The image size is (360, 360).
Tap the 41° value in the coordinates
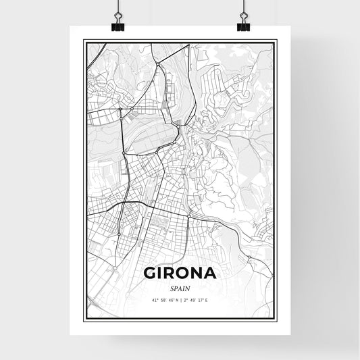coord(155,300)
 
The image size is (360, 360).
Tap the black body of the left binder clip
coord(116,27)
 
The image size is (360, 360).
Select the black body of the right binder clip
coord(243,27)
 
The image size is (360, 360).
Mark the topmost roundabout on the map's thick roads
coord(158,63)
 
